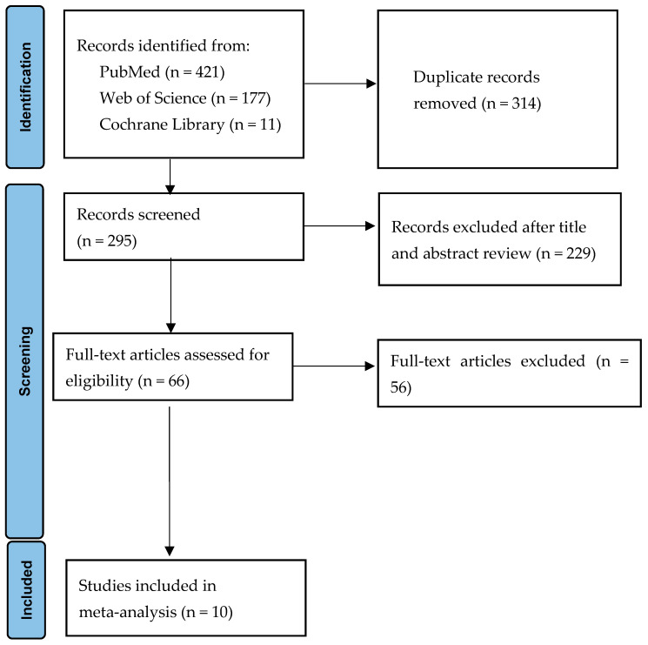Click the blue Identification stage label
tap(25, 87)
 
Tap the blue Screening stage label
tap(25, 361)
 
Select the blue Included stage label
tap(26, 590)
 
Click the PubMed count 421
tap(207, 72)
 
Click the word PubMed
tap(130, 72)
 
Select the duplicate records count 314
tap(524, 104)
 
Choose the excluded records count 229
tap(578, 253)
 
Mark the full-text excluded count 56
tap(398, 387)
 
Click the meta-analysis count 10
tap(219, 612)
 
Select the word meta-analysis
tap(128, 612)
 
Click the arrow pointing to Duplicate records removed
tap(340, 84)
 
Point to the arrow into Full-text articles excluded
tap(334, 366)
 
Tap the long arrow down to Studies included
tap(170, 481)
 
